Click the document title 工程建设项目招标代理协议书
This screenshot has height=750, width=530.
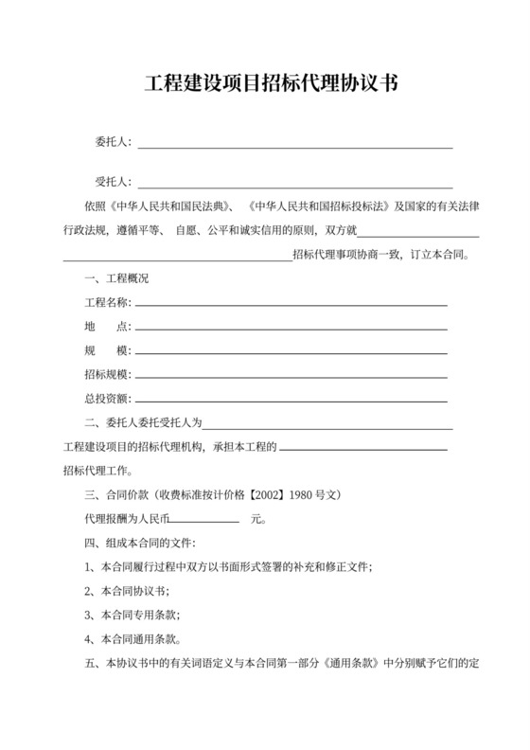pyautogui.click(x=264, y=83)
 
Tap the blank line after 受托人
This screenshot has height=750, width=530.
pyautogui.click(x=295, y=183)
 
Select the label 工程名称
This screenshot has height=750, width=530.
pyautogui.click(x=107, y=303)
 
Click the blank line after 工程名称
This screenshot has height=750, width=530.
pyautogui.click(x=291, y=304)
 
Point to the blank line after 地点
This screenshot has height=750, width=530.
pyautogui.click(x=291, y=328)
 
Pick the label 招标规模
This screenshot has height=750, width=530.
pyautogui.click(x=107, y=374)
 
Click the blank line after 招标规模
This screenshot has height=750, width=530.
pyautogui.click(x=291, y=376)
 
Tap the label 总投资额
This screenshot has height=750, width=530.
pyautogui.click(x=107, y=398)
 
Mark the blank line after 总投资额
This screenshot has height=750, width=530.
pyautogui.click(x=291, y=400)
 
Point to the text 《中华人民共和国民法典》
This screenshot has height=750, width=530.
pyautogui.click(x=170, y=205)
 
